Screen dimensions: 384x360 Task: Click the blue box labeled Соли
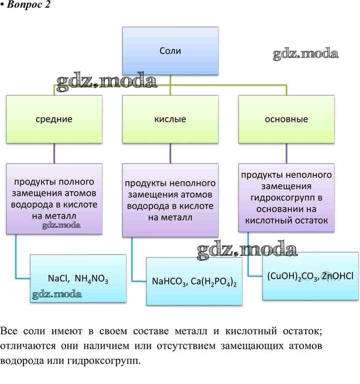170,51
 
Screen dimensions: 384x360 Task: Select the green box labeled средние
54,119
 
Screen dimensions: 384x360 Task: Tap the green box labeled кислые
170,119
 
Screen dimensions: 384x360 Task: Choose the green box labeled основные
286,119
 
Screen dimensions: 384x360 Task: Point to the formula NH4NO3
93,279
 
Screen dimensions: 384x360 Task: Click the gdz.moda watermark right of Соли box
306,54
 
